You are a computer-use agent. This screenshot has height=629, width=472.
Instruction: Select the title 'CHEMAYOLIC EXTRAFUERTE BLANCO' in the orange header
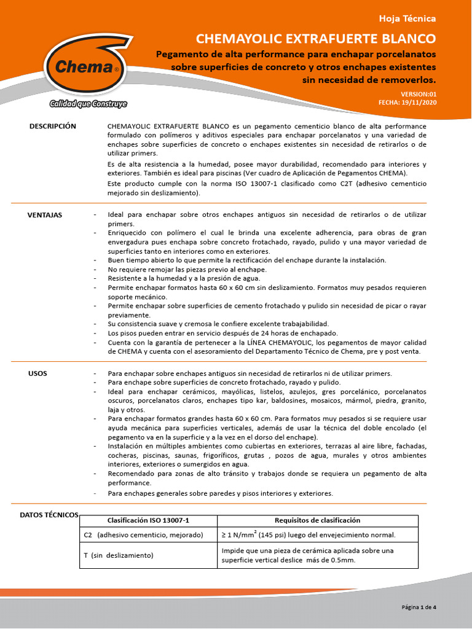point(315,39)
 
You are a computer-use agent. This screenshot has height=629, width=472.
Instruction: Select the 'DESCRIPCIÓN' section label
point(53,126)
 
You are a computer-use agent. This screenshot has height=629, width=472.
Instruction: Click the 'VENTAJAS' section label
point(45,215)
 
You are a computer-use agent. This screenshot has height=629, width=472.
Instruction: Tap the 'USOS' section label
point(37,373)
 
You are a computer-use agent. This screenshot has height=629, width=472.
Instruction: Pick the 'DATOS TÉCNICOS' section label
point(49,515)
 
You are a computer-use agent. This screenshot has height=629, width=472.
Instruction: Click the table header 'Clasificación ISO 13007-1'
point(149,520)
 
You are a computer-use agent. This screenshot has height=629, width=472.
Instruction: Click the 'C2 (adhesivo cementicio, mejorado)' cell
point(143,535)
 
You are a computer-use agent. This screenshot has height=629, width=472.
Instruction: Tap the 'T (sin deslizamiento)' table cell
point(118,555)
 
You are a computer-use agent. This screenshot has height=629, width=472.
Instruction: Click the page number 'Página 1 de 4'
point(419,608)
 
